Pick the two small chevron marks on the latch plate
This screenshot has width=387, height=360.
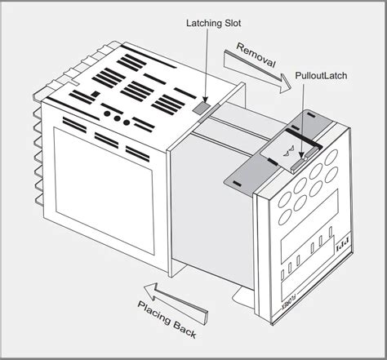[x=286, y=153]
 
